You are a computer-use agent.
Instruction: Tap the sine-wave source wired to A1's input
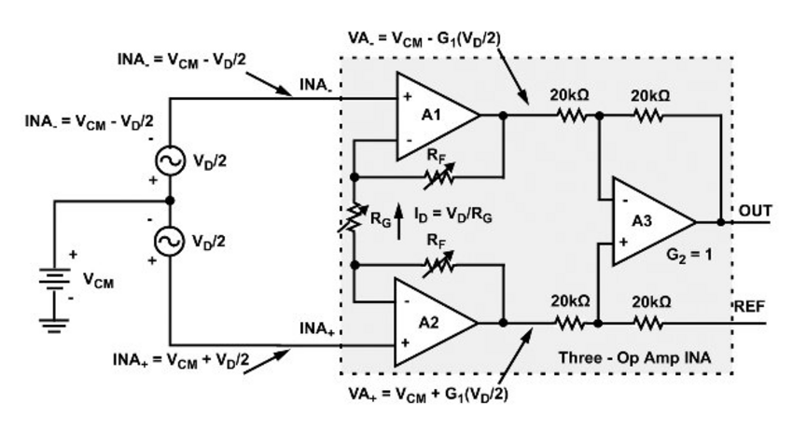[x=170, y=160]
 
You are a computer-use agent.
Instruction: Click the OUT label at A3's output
[x=755, y=211]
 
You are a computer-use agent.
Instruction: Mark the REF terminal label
[x=751, y=306]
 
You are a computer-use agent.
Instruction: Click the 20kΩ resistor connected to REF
[x=647, y=324]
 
